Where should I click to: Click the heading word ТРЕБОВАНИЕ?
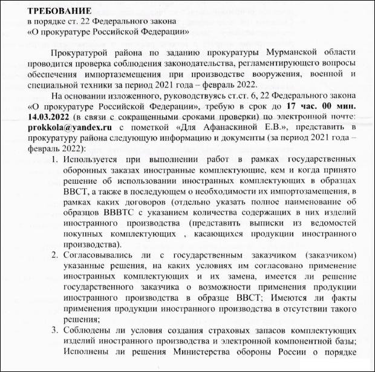coord(53,10)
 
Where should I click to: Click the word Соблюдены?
coord(88,330)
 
